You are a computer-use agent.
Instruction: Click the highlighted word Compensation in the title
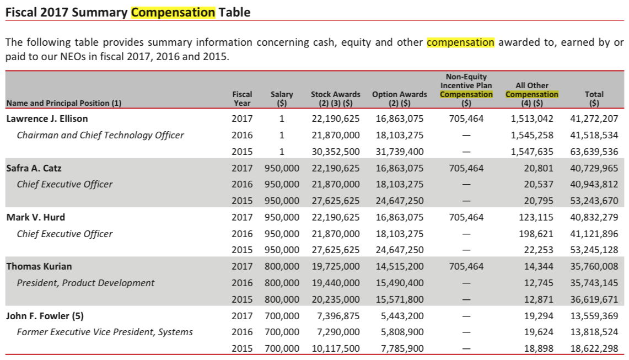click(173, 13)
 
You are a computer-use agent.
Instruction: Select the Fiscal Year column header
click(242, 98)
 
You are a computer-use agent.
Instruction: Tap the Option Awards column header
click(399, 98)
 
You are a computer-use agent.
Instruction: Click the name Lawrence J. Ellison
click(47, 119)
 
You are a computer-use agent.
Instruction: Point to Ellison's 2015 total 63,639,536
click(594, 152)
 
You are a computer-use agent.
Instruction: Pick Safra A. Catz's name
click(34, 168)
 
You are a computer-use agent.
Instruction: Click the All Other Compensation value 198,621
click(535, 234)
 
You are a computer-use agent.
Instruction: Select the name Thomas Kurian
click(39, 266)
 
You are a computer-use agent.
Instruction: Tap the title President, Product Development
click(85, 283)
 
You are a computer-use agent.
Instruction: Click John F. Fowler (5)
click(45, 316)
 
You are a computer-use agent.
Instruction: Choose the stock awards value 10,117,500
click(335, 348)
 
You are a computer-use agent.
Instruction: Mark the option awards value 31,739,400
click(399, 152)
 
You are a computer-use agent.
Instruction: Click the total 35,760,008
click(594, 266)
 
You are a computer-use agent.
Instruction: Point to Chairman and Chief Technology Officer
click(100, 135)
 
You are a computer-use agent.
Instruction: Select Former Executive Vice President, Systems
click(105, 332)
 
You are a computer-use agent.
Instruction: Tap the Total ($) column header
click(594, 98)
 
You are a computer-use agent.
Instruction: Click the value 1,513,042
click(531, 119)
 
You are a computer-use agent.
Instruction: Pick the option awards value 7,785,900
click(402, 348)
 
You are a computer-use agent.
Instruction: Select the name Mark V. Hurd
click(35, 218)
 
